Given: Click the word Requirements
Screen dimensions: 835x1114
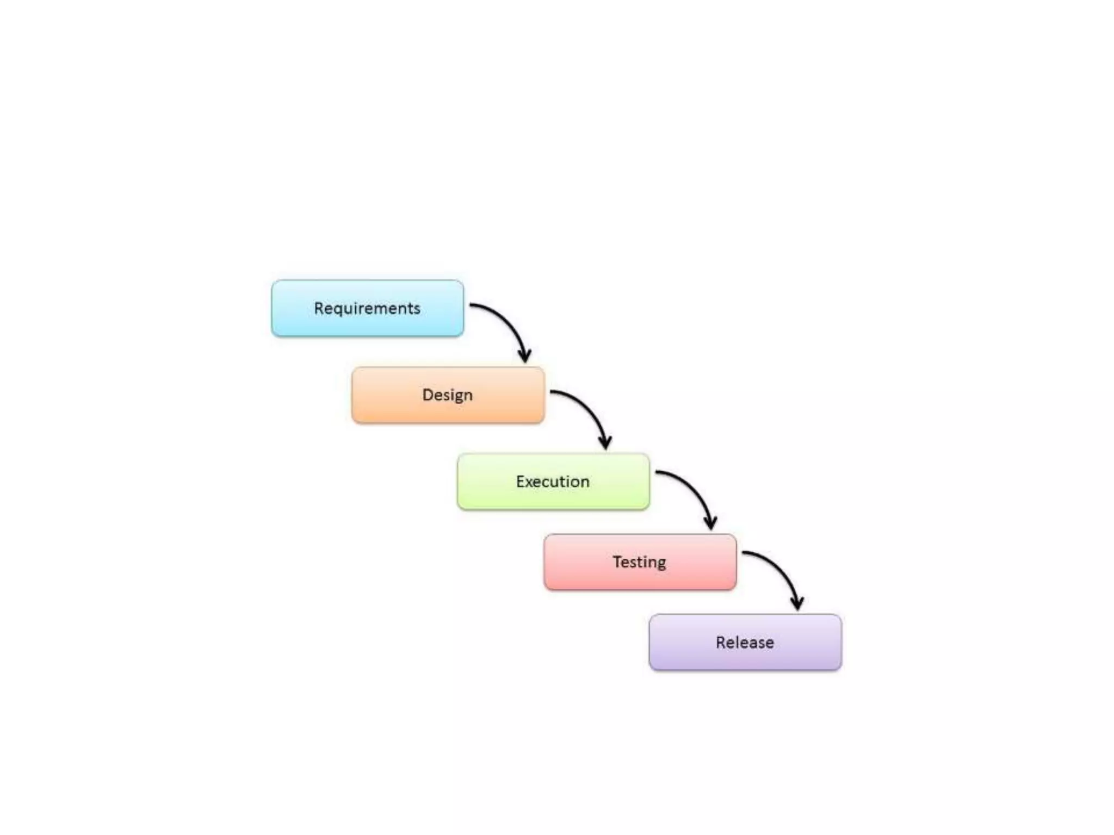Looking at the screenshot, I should pos(367,308).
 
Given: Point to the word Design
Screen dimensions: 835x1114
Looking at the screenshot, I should pos(447,395).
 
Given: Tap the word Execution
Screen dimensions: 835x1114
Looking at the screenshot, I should pos(553,482).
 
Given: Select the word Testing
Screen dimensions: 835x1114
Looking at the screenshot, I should pos(639,562).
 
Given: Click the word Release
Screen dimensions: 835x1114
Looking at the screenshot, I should pos(745,642).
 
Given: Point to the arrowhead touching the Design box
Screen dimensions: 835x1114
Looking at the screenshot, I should pos(525,356).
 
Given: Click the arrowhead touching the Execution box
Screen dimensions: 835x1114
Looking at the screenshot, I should pos(605,443).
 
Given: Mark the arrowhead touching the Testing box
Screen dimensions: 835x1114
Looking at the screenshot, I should pos(710,523).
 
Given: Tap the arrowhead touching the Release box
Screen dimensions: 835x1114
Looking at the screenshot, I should pos(797,603).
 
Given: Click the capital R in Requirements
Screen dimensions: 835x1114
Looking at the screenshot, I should pos(319,308).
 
